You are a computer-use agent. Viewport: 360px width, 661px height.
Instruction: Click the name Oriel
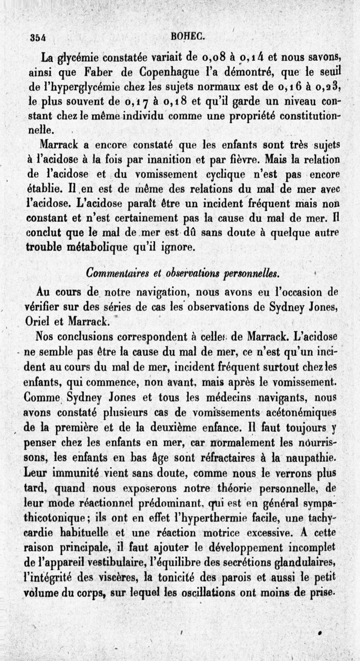click(x=38, y=321)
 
